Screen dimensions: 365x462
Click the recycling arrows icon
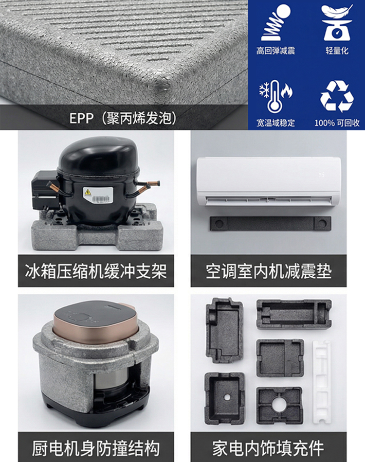[x=337, y=96]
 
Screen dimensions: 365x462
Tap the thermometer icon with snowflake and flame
[x=275, y=96]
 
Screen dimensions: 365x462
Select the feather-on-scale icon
[x=337, y=23]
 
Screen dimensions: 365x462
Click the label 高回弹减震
[x=275, y=51]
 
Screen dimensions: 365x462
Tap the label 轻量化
[x=337, y=51]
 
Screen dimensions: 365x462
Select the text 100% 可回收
[x=337, y=123]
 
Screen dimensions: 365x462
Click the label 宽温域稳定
[x=275, y=123]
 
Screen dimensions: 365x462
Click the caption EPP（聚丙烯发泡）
[x=123, y=118]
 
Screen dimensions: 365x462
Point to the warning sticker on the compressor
[x=98, y=195]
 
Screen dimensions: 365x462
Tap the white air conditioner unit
[x=269, y=181]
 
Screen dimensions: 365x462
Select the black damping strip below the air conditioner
[x=270, y=223]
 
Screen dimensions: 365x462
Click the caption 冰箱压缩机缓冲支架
[x=96, y=271]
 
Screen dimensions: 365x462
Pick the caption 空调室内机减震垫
[x=269, y=271]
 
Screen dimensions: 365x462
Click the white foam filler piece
[x=321, y=382]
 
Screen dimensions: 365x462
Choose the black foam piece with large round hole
[x=279, y=406]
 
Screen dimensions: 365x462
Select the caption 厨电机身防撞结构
[x=96, y=448]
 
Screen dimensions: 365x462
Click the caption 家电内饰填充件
[x=268, y=448]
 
